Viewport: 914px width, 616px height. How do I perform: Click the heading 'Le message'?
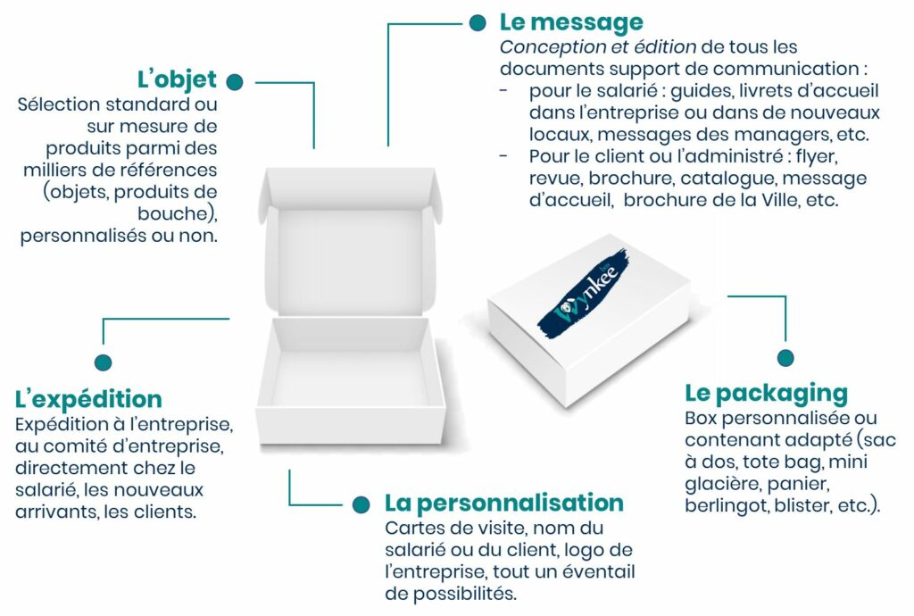coord(571,23)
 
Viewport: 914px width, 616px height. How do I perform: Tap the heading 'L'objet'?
coord(177,80)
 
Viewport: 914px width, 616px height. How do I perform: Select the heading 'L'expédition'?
coord(88,400)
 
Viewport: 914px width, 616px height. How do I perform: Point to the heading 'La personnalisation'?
coord(504,503)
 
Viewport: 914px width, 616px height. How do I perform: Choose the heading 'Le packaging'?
coord(766,395)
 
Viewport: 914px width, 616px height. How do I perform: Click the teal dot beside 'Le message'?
coord(478,23)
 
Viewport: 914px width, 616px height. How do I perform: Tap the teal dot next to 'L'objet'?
coord(235,82)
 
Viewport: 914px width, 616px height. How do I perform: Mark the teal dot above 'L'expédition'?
coord(104,362)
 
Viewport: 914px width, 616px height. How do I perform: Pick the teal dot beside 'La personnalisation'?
coord(361,504)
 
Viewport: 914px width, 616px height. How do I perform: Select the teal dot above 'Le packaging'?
coord(785,358)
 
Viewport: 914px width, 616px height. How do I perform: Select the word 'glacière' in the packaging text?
coord(723,484)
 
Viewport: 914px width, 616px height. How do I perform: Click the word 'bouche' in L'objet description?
coord(172,214)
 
